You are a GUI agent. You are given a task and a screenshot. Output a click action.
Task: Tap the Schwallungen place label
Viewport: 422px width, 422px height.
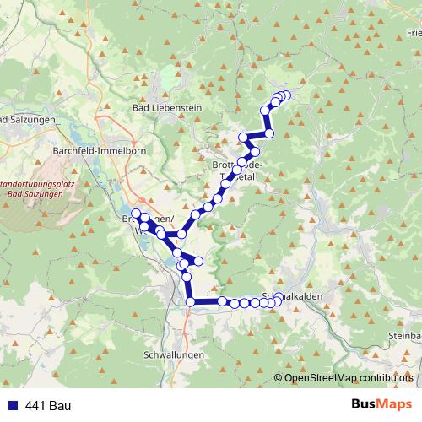tap(174, 355)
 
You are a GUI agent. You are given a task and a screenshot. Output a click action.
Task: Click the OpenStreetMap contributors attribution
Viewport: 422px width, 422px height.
tap(349, 378)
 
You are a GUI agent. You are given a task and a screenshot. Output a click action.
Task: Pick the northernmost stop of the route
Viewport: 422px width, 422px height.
tap(285, 95)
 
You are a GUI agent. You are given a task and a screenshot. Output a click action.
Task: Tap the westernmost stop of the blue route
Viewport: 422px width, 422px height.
tap(135, 212)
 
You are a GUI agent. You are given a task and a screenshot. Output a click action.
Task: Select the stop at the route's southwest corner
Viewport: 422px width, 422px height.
tap(190, 301)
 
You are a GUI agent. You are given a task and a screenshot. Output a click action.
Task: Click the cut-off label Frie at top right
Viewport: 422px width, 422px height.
tap(413, 33)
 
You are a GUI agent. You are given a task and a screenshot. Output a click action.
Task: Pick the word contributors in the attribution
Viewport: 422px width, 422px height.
tap(381, 378)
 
